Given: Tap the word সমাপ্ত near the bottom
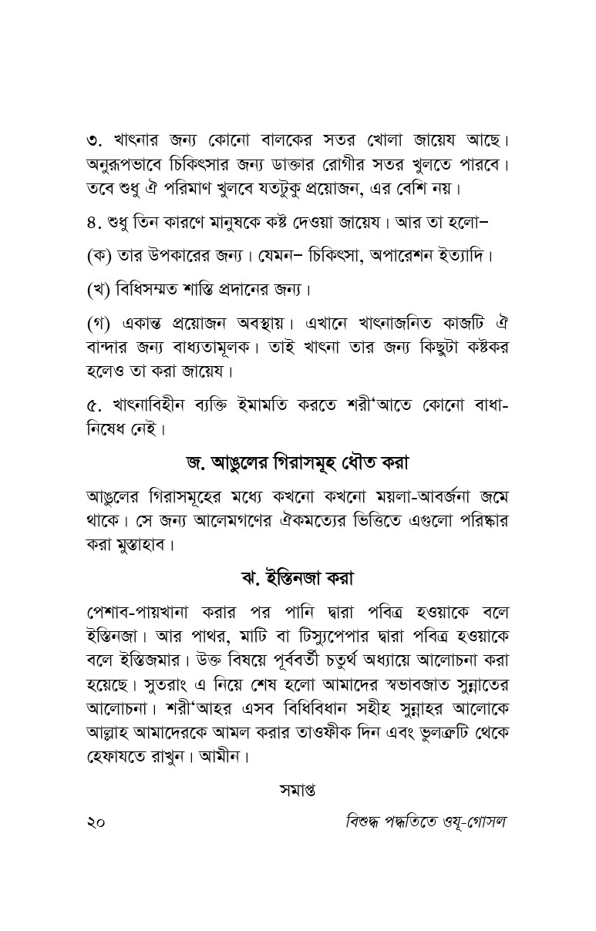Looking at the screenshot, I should [298, 790].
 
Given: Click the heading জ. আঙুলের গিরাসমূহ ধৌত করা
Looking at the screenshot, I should [297, 463].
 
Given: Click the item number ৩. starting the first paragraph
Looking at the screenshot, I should [94, 142].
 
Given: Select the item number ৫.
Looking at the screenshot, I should [94, 404].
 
